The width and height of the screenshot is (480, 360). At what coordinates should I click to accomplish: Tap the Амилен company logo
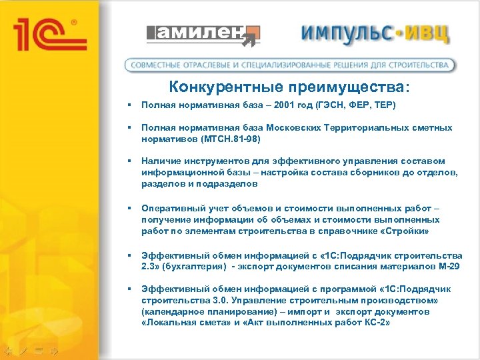click(203, 35)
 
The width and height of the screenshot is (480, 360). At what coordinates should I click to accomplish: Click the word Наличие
click(161, 161)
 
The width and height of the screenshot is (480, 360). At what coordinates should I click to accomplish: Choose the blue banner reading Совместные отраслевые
click(290, 65)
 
